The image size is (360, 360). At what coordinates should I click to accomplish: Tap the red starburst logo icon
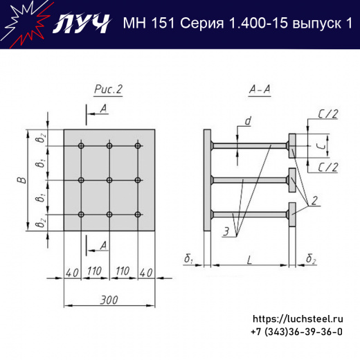(x=21, y=23)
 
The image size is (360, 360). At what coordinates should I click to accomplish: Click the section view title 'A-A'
(x=259, y=89)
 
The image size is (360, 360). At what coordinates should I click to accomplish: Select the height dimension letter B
(x=22, y=180)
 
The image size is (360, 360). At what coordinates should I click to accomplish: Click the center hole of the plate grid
(x=109, y=180)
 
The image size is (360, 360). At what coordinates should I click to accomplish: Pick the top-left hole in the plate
(x=82, y=146)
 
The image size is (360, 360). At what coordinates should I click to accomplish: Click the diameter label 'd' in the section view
(x=247, y=122)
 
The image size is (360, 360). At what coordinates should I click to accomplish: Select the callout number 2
(x=315, y=201)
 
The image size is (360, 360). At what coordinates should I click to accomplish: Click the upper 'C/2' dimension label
(x=327, y=115)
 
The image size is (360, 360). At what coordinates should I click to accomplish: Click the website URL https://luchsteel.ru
(x=298, y=319)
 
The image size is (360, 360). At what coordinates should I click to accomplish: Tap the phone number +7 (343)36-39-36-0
(x=298, y=332)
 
